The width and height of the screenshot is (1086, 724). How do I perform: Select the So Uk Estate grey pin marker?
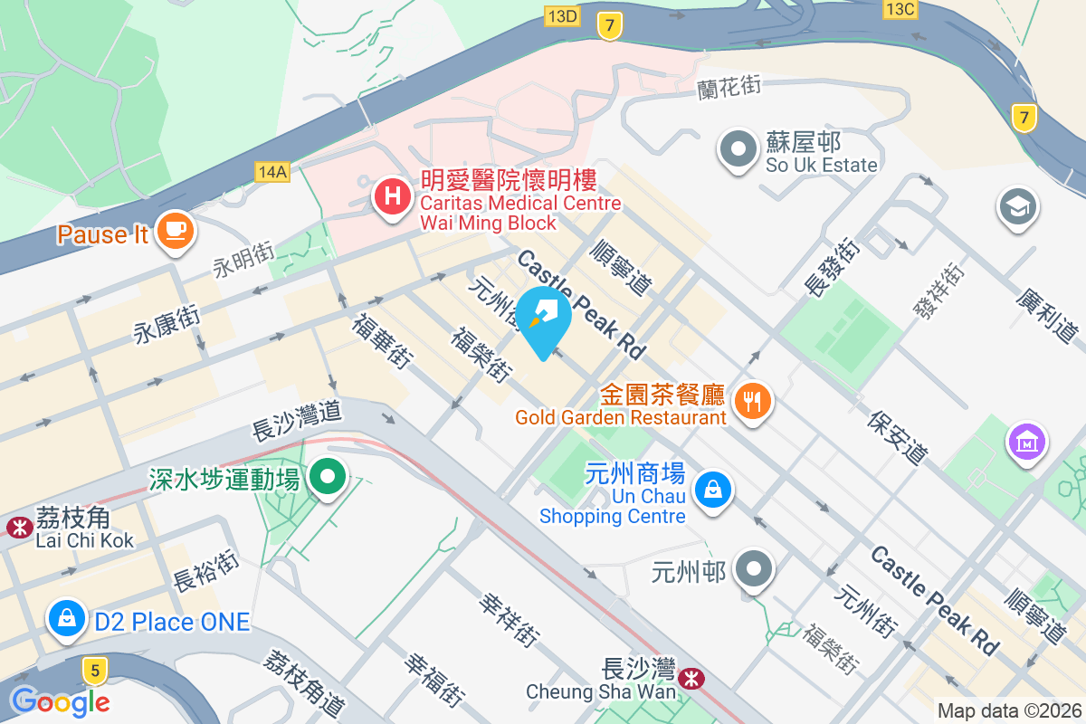coord(738,148)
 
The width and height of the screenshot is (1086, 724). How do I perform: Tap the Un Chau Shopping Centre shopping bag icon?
coord(713,491)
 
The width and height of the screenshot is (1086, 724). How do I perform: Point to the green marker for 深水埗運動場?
coord(328,476)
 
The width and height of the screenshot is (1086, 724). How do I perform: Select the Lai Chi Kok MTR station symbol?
coord(17,526)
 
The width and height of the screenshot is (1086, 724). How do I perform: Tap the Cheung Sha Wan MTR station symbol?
coord(692,676)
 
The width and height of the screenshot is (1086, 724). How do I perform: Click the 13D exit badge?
coord(562,15)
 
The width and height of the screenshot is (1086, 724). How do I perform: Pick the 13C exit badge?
coord(900,9)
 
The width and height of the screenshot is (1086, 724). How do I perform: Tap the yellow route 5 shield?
coord(93,671)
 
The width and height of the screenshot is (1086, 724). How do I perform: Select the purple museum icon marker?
coord(1027,443)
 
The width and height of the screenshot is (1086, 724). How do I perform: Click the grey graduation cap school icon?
coord(1018,207)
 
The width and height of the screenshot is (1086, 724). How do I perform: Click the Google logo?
coord(60,700)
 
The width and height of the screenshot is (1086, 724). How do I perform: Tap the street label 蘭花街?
coord(729,88)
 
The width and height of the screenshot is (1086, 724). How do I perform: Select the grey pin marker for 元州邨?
coord(753,570)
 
